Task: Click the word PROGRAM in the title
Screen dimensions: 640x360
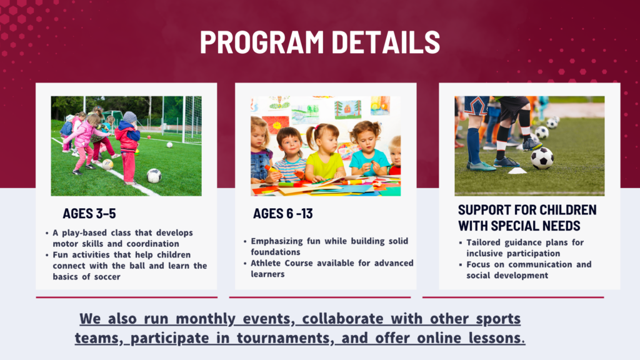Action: click(x=262, y=42)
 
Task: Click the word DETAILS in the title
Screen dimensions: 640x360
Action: click(x=386, y=42)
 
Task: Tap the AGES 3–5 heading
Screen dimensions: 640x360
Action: click(x=89, y=214)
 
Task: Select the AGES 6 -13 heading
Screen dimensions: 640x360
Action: click(x=283, y=214)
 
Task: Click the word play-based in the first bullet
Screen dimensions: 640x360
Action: click(x=85, y=233)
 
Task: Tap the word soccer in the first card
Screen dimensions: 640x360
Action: click(x=107, y=277)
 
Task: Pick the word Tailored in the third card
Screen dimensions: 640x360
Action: click(x=483, y=242)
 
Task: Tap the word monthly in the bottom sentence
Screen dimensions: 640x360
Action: click(x=205, y=319)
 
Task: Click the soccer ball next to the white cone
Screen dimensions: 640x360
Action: click(x=542, y=158)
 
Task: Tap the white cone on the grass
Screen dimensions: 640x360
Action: click(x=517, y=171)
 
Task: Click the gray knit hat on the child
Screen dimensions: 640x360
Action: click(x=130, y=117)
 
